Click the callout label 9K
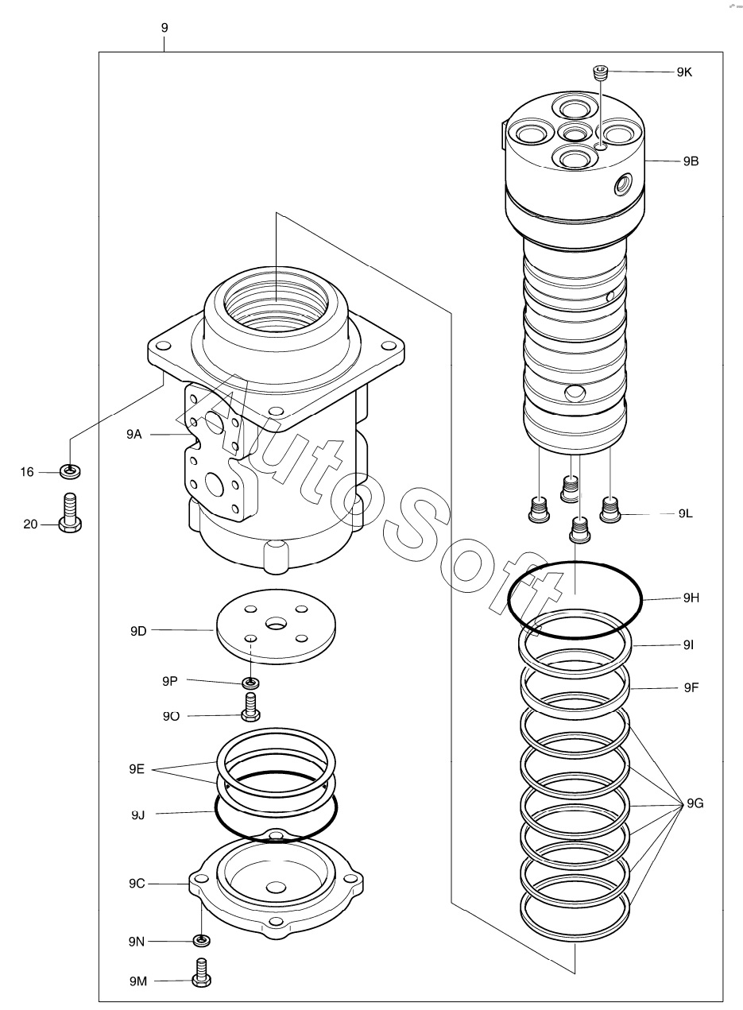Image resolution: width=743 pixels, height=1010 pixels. tap(684, 72)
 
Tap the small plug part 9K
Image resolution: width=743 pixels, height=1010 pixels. tap(600, 72)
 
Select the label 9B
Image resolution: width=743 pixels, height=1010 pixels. tap(691, 161)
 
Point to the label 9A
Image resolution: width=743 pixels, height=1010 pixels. tap(134, 434)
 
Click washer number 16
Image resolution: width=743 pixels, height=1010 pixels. tap(71, 472)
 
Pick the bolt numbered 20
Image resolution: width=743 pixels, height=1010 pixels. tap(71, 513)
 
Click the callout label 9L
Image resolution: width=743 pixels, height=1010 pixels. tap(686, 513)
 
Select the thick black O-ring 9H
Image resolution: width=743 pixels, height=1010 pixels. tap(575, 600)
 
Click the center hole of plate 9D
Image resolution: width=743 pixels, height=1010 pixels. tap(276, 624)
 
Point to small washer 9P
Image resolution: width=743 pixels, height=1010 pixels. tap(251, 683)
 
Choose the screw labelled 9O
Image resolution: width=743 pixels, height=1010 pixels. tap(250, 708)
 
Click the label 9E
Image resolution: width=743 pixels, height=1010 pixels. tap(137, 768)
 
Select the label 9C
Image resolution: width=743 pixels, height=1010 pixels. tap(137, 884)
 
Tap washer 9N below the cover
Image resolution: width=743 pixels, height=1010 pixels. tap(202, 941)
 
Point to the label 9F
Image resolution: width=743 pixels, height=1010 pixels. tap(691, 687)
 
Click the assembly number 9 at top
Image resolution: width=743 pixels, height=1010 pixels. tap(164, 28)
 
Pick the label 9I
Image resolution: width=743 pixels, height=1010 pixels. tap(688, 645)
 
